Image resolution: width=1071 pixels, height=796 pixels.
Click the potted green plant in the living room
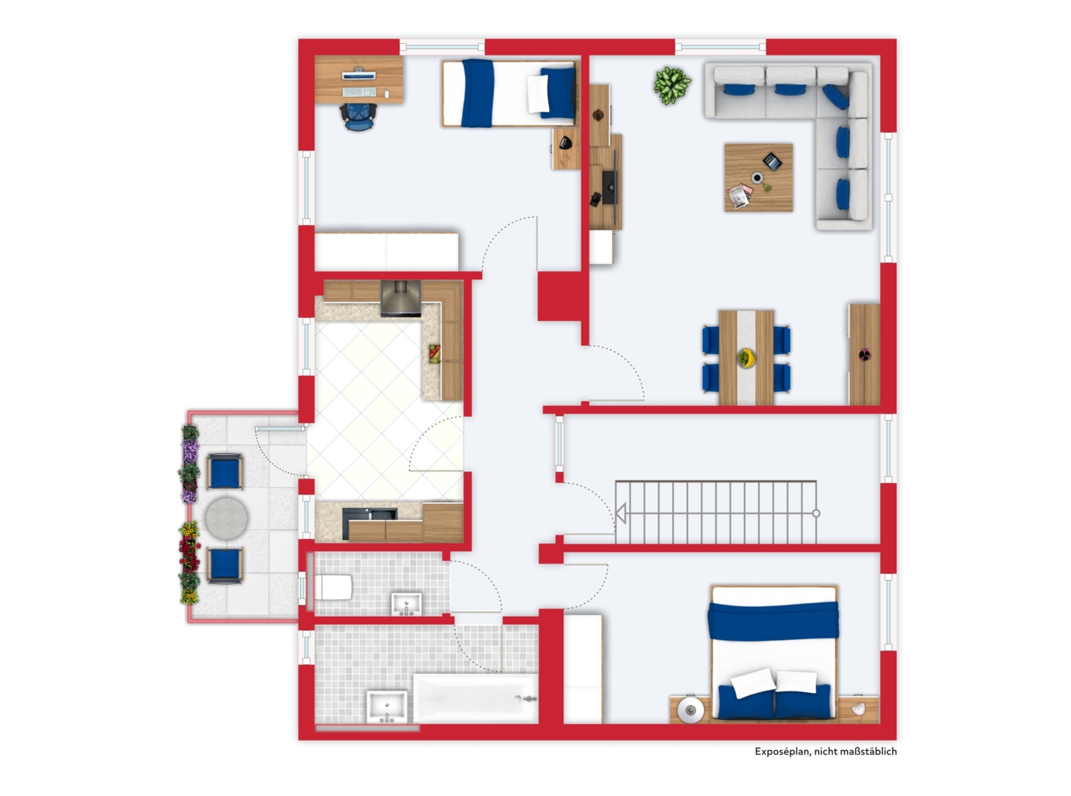[x=672, y=85]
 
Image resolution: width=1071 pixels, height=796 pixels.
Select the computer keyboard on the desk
[x=359, y=92]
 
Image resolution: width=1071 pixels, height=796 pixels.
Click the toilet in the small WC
[x=333, y=588]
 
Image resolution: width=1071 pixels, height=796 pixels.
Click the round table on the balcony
[x=227, y=518]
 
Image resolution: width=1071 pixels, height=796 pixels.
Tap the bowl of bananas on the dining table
[x=746, y=357]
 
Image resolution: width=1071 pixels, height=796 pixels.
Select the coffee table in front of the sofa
[x=758, y=177]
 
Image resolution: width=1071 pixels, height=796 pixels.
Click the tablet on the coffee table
[x=772, y=161]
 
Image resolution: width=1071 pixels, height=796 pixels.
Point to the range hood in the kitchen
[x=401, y=297]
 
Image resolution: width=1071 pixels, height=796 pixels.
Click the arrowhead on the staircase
[x=621, y=513]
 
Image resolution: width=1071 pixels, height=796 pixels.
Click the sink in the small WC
[x=406, y=604]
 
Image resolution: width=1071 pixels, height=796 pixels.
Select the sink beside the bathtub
[x=387, y=707]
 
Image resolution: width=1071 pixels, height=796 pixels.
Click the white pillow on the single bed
[x=538, y=94]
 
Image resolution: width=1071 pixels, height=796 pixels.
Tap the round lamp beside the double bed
[x=690, y=710]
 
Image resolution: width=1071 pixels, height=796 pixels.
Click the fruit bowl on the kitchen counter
[x=434, y=354]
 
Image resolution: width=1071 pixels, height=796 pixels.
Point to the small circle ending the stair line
[x=816, y=513]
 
